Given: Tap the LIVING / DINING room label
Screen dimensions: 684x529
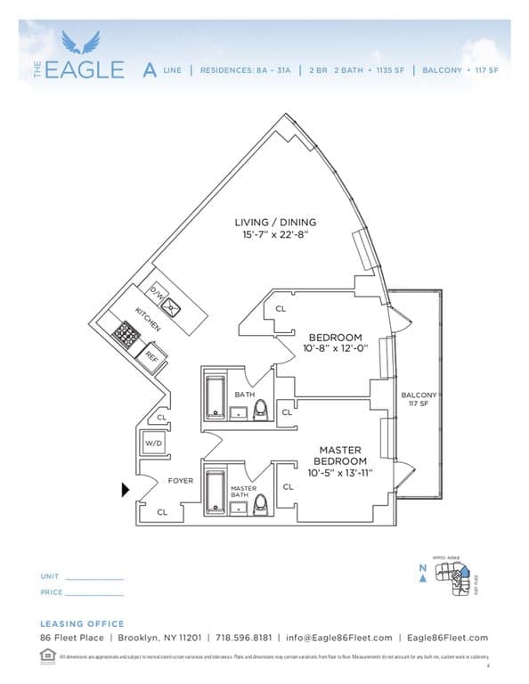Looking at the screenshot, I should (x=275, y=222).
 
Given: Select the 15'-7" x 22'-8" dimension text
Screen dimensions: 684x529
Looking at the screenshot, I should (x=275, y=236).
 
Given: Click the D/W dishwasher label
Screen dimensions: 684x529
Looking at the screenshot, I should (x=158, y=292).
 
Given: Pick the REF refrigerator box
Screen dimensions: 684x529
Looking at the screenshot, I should (x=152, y=355).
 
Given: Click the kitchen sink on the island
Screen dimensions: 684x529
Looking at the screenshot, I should (x=177, y=309).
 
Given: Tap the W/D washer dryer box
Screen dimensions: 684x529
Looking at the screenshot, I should (x=153, y=443).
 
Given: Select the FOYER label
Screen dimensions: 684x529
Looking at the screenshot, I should (x=181, y=481).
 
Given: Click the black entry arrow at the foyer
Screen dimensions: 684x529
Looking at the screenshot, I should (x=126, y=488).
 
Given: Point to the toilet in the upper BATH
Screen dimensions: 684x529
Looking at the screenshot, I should (x=261, y=409).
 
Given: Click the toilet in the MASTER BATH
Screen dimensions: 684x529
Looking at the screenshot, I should (x=261, y=504).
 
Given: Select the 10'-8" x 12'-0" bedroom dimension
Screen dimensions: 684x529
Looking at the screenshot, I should (x=335, y=350).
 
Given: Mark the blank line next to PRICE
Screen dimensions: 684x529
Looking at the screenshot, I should (x=94, y=593).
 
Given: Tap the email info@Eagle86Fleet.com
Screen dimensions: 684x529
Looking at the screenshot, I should (x=338, y=638).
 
